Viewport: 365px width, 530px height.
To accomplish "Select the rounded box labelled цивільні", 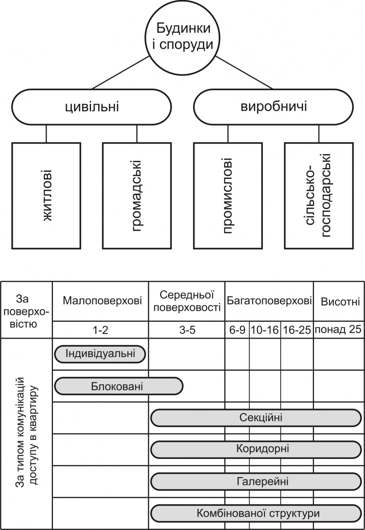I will pyautogui.click(x=92, y=107).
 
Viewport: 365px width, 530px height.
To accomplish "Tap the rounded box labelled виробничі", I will pyautogui.click(x=274, y=107).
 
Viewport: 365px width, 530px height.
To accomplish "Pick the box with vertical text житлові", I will pyautogui.click(x=47, y=195).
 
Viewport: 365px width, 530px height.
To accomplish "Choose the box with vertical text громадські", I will pyautogui.click(x=137, y=195).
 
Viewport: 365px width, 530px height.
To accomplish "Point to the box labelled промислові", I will pyautogui.click(x=228, y=195).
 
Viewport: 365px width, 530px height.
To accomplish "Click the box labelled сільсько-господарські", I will pyautogui.click(x=319, y=195).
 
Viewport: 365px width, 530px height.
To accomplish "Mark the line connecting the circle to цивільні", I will pyautogui.click(x=120, y=72).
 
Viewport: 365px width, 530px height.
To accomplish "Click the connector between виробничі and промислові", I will pyautogui.click(x=228, y=134).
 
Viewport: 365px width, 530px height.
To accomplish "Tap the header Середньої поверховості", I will pyautogui.click(x=187, y=301).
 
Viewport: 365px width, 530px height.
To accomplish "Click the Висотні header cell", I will pyautogui.click(x=339, y=301).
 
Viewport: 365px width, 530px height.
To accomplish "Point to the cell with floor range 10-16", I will pyautogui.click(x=265, y=330).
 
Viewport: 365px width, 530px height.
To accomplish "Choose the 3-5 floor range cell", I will pyautogui.click(x=187, y=330).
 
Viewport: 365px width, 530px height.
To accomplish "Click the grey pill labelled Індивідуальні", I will pyautogui.click(x=100, y=354).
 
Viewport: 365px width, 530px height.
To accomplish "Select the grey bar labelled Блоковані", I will pyautogui.click(x=118, y=386).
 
